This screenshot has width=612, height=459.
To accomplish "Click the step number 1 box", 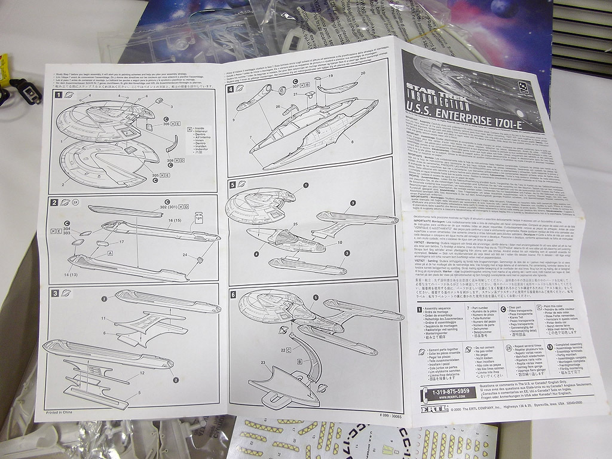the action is point(59,94).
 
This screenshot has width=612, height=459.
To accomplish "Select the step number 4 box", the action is point(231,90).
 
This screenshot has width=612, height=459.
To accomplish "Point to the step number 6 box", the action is point(233,295).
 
